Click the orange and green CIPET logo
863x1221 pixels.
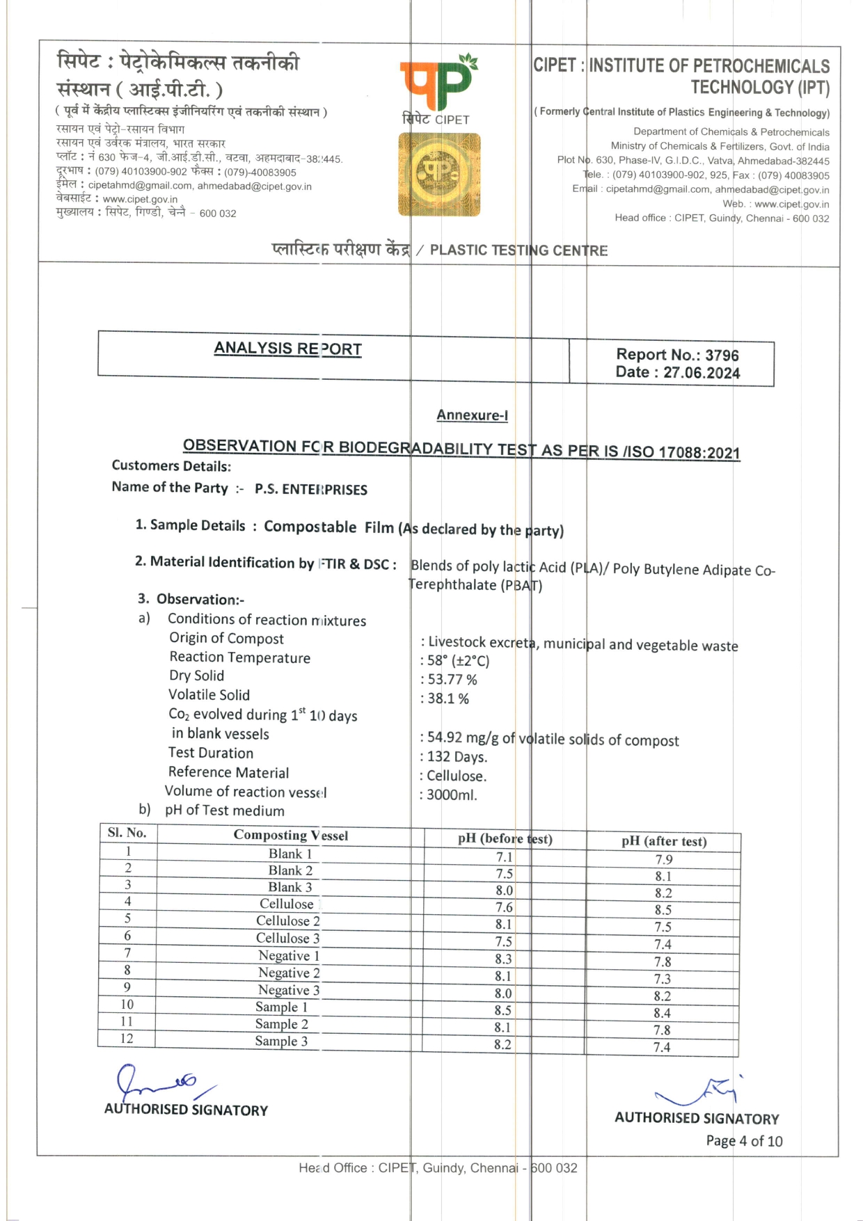click(438, 83)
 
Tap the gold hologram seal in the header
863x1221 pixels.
click(439, 175)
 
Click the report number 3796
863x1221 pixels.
click(722, 355)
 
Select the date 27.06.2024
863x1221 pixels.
click(702, 372)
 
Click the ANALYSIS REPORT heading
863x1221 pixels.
click(287, 349)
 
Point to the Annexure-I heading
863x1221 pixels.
click(472, 415)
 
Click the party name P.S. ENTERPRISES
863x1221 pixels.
click(311, 490)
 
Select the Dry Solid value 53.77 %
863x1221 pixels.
click(452, 680)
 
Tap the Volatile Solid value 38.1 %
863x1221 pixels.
click(448, 699)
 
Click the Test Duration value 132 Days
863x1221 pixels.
click(457, 757)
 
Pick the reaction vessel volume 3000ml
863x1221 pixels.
click(452, 795)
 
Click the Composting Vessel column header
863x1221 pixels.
click(290, 835)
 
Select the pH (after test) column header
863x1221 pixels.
click(664, 841)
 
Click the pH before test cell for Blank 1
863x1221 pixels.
click(504, 857)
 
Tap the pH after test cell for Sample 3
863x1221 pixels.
click(662, 1047)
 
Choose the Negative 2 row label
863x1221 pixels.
click(289, 973)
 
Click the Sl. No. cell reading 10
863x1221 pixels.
click(127, 1004)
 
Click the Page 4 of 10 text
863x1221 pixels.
click(744, 1141)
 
